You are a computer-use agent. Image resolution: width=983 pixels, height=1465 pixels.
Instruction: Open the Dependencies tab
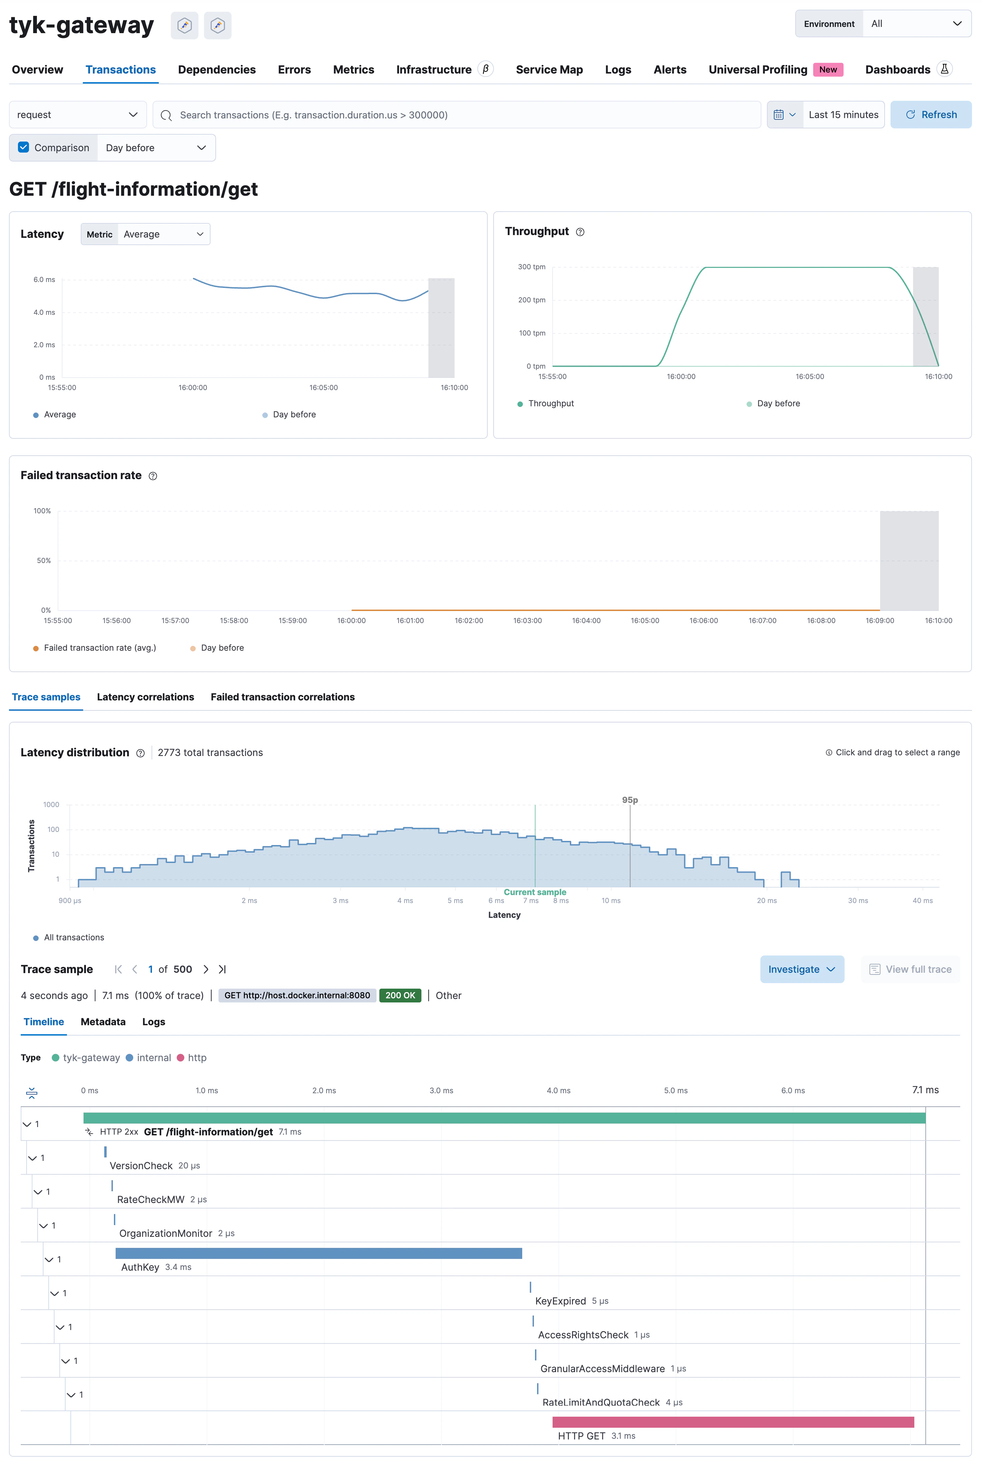pyautogui.click(x=216, y=70)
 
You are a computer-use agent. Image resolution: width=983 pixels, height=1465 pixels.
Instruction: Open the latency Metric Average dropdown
pyautogui.click(x=163, y=234)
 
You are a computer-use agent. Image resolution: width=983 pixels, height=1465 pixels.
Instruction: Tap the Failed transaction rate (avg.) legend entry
pyautogui.click(x=99, y=648)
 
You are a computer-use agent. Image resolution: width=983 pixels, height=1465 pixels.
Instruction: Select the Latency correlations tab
pyautogui.click(x=145, y=697)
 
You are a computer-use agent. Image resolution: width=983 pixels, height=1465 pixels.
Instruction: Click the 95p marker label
pyautogui.click(x=630, y=800)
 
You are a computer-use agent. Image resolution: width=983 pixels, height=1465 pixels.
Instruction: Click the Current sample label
pyautogui.click(x=534, y=892)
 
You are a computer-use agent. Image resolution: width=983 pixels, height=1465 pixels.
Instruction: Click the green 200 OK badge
pyautogui.click(x=400, y=996)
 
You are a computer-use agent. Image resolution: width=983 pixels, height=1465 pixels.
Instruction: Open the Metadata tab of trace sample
pyautogui.click(x=103, y=1022)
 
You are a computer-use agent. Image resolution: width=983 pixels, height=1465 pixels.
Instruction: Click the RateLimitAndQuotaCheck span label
pyautogui.click(x=601, y=1402)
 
